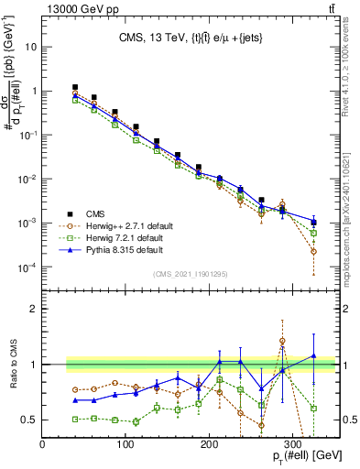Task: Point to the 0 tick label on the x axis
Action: point(43,445)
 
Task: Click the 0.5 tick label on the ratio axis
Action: point(29,420)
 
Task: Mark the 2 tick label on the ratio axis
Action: point(35,309)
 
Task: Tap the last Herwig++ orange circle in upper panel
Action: point(314,251)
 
